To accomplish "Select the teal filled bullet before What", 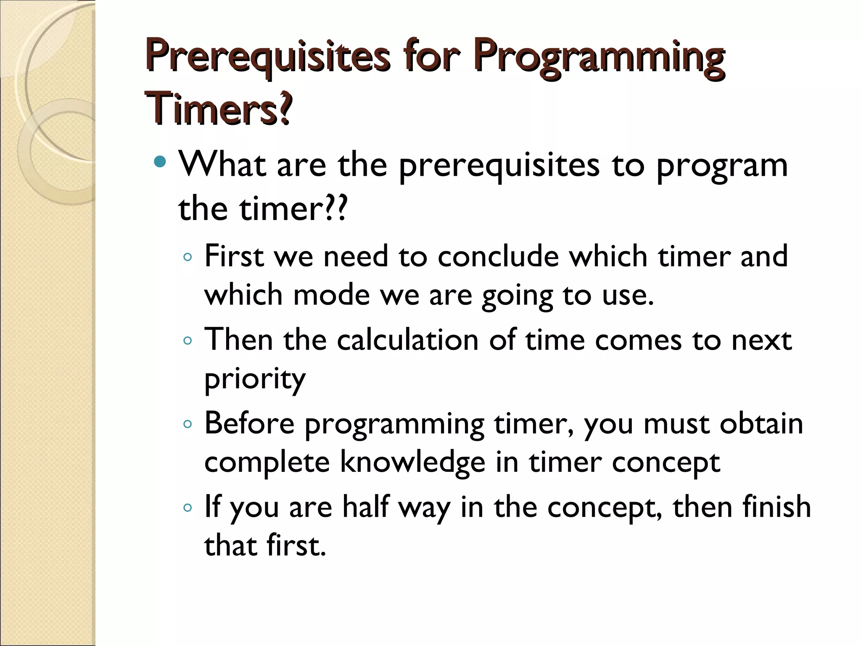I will (160, 161).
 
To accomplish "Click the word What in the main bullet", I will (222, 164).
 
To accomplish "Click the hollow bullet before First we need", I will (188, 257).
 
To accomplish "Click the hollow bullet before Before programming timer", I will (188, 424).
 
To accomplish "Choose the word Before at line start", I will (249, 424).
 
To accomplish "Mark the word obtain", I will (761, 424).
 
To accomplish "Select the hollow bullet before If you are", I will (188, 508).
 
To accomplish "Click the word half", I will (365, 507).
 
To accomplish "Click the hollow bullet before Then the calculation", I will (188, 341).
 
